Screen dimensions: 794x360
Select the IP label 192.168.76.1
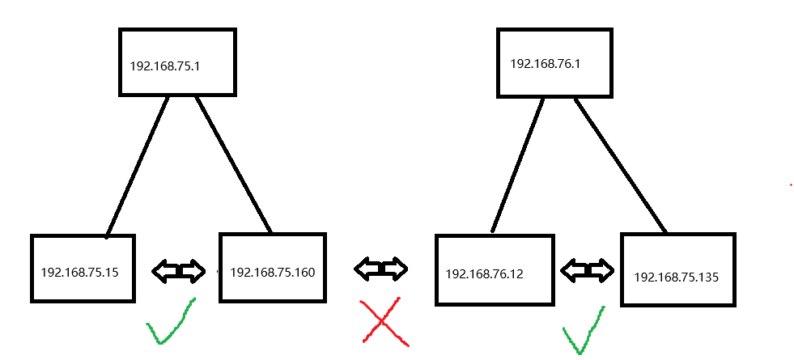tap(546, 63)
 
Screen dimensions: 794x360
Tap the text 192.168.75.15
tap(79, 272)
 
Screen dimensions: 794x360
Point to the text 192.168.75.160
tap(272, 272)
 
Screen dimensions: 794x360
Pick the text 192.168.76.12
tap(484, 274)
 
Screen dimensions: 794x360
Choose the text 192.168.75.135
tap(676, 277)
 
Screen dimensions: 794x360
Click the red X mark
tap(383, 321)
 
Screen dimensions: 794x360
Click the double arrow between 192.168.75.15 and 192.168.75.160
tap(179, 272)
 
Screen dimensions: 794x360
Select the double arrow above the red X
tap(381, 269)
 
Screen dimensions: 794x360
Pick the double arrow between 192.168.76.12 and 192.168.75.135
tap(587, 270)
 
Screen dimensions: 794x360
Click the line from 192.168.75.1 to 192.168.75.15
tap(138, 166)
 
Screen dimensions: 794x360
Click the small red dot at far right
tap(791, 185)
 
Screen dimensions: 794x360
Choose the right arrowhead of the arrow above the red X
tap(397, 269)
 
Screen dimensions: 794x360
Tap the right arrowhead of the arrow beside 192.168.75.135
tap(601, 270)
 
